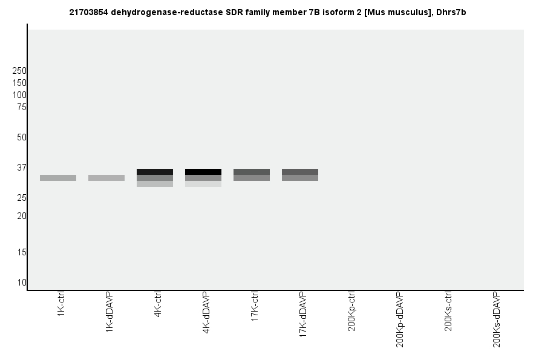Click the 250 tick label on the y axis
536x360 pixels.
[19, 71]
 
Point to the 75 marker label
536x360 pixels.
[22, 107]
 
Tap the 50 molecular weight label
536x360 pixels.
[22, 137]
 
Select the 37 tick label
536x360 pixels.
[22, 168]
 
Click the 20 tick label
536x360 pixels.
[22, 216]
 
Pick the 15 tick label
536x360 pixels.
[22, 252]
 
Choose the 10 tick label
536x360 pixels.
[22, 283]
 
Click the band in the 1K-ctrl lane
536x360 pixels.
[58, 178]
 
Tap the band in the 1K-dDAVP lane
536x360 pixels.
[106, 178]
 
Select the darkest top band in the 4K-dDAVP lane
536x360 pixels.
[203, 172]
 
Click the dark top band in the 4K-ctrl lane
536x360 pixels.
[155, 172]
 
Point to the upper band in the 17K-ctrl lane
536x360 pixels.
[252, 172]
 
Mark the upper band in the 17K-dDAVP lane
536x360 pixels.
[300, 172]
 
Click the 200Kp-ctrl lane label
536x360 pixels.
[351, 312]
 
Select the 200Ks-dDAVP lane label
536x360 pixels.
[497, 319]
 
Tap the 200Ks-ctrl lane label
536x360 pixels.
[448, 312]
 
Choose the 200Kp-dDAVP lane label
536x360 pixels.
[400, 319]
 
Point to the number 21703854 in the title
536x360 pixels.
[90, 12]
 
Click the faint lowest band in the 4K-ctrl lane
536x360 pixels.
[155, 184]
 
